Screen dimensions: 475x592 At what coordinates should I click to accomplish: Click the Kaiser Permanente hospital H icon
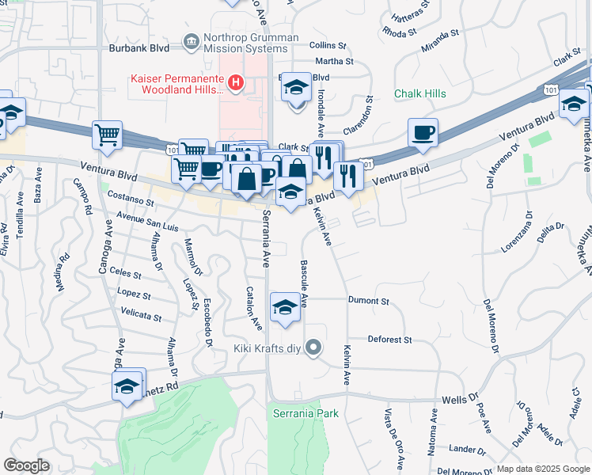coord(235,82)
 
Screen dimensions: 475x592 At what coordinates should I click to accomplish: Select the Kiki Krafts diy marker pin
coord(314,348)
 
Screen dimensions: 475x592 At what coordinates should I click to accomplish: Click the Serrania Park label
coord(305,413)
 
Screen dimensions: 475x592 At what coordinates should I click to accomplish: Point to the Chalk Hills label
coord(420,93)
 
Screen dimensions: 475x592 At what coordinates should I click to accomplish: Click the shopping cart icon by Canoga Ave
coord(107,135)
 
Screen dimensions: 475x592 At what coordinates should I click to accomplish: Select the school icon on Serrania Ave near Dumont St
coord(285,307)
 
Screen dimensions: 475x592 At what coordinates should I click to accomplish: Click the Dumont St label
coord(368,302)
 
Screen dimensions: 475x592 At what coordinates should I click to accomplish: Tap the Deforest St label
coord(389,340)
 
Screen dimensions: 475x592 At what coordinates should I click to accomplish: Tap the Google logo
coord(26,465)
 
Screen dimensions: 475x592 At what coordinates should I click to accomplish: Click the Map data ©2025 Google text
coord(541,469)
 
